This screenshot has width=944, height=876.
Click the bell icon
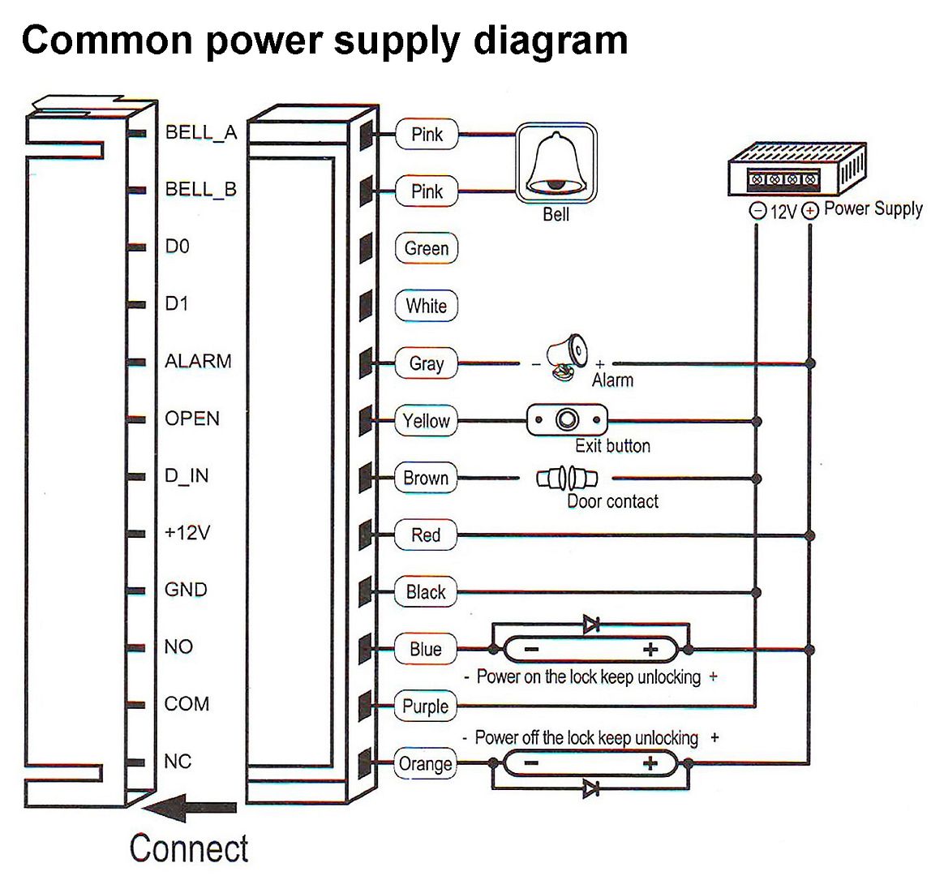pos(556,164)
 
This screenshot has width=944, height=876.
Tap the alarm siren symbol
pos(566,356)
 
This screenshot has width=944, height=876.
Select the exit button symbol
pos(567,419)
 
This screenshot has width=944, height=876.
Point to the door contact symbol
pos(567,478)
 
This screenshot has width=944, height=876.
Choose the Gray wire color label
pos(427,363)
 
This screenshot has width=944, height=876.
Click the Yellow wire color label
pos(427,420)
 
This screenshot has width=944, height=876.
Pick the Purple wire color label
pos(426,706)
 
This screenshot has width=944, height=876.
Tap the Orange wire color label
pos(426,763)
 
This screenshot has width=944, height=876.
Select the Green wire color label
pos(427,248)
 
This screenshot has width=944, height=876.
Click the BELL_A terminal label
pos(201,132)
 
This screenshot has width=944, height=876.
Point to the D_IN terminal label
pos(187,475)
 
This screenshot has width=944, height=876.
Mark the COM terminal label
pos(187,704)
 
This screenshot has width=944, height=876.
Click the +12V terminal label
pos(187,533)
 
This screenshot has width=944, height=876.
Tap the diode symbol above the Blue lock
pos(591,625)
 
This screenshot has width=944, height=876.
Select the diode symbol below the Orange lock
pos(591,788)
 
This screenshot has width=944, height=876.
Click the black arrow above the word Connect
pos(191,808)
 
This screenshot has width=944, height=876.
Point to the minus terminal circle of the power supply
pos(757,211)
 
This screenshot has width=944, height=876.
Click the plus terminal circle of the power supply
pos(810,211)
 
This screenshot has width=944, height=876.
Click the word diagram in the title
pos(550,41)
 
